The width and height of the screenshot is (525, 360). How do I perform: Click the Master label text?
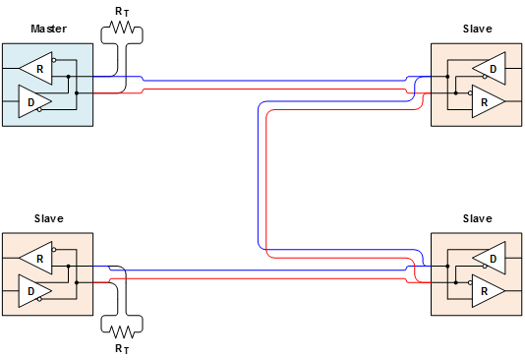point(48,30)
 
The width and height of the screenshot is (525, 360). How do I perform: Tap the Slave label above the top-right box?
point(477,30)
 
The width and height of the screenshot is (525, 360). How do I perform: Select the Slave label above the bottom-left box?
point(48,218)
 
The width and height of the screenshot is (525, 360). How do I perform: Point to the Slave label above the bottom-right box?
point(477,218)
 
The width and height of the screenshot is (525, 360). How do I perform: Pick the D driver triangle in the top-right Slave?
point(490,69)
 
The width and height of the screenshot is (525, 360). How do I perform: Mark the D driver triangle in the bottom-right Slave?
point(490,259)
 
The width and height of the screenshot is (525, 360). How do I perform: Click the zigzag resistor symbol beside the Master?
point(123,30)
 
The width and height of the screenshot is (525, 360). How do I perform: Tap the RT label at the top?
point(122,11)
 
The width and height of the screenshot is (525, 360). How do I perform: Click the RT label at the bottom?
point(122,348)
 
